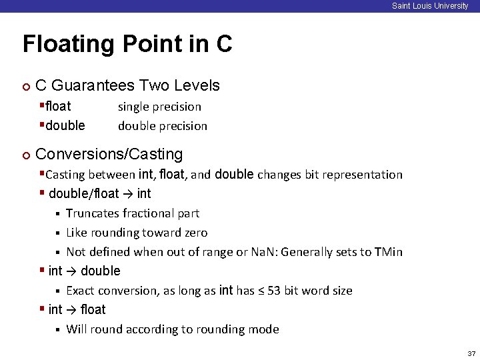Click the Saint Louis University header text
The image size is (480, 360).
(x=429, y=6)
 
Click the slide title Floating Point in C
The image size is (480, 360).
(x=127, y=44)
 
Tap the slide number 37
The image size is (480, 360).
(x=471, y=353)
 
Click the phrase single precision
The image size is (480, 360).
(x=159, y=107)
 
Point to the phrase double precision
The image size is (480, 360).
(x=162, y=126)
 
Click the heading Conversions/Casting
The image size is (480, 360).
(x=109, y=154)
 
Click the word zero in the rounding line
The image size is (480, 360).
(x=193, y=233)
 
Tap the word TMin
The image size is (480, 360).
(x=388, y=252)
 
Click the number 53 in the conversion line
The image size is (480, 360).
(x=274, y=291)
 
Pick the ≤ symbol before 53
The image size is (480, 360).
(x=260, y=291)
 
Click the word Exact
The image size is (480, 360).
(x=80, y=291)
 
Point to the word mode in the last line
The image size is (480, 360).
(x=265, y=329)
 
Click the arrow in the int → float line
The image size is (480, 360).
(x=71, y=310)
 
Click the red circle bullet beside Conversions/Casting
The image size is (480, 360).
(x=25, y=155)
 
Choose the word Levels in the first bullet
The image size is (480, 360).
(x=196, y=85)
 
